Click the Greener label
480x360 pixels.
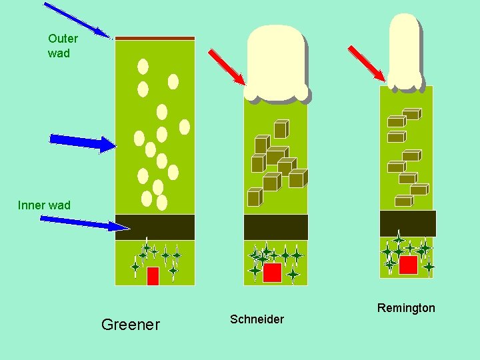130,325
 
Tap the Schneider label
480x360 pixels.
257,319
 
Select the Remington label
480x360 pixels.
405,308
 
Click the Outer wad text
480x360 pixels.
63,46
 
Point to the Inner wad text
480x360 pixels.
44,205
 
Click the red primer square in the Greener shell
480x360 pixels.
153,275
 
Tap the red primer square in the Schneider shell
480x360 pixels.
272,273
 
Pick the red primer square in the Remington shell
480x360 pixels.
408,265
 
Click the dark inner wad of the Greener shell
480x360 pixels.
155,227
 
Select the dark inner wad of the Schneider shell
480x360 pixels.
276,227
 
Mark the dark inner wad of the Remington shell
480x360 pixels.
407,223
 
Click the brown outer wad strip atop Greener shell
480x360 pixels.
155,38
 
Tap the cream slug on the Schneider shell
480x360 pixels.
276,63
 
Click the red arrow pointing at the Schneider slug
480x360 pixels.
227,67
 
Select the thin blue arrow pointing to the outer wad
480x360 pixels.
77,19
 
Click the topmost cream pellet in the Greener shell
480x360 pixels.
143,67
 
